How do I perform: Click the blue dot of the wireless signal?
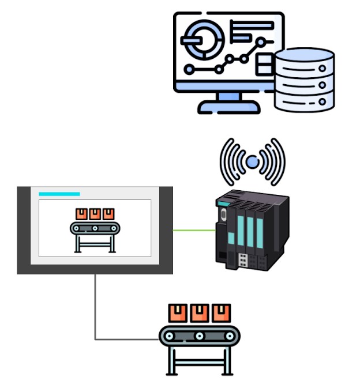(x=252, y=163)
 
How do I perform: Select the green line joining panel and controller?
(x=194, y=230)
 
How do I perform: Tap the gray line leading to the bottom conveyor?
(x=95, y=311)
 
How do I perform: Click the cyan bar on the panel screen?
(x=59, y=194)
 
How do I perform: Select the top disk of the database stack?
(x=304, y=59)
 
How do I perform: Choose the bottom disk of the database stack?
(x=304, y=102)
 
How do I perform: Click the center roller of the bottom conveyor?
(x=199, y=336)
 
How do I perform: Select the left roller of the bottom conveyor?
(x=171, y=336)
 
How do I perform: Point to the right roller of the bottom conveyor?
(x=227, y=336)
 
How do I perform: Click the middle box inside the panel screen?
(x=95, y=214)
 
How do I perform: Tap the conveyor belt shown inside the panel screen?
(x=95, y=228)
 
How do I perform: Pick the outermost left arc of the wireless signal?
(x=223, y=161)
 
